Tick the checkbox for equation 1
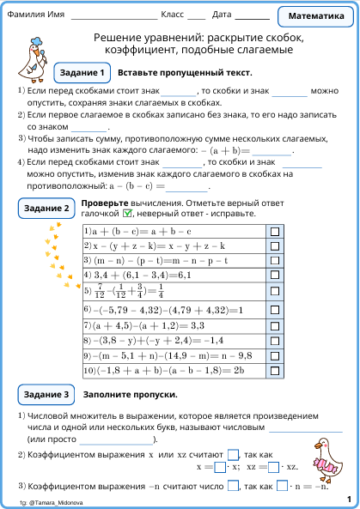pyautogui.click(x=275, y=232)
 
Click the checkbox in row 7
pyautogui.click(x=275, y=326)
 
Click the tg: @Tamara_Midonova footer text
pyautogui.click(x=53, y=500)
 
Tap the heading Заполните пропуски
pyautogui.click(x=130, y=395)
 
